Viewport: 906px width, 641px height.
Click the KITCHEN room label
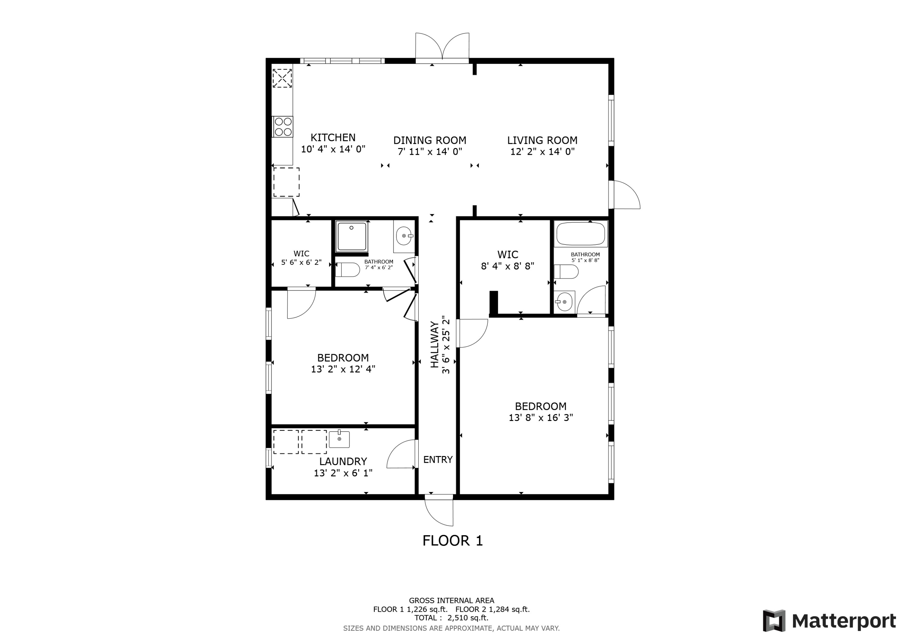point(333,138)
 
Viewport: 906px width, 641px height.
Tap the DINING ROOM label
point(430,140)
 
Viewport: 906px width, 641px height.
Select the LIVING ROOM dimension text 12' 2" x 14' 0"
point(542,152)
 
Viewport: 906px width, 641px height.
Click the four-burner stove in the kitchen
point(283,127)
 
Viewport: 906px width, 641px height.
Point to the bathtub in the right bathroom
point(580,234)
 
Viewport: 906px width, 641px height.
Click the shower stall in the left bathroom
point(352,236)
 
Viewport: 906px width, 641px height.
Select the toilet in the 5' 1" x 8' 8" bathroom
point(566,272)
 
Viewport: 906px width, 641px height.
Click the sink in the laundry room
point(339,439)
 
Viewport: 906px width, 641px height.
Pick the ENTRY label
point(438,460)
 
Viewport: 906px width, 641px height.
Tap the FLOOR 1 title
point(453,541)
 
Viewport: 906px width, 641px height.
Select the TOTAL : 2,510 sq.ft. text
point(451,618)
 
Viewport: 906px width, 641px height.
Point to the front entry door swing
point(439,511)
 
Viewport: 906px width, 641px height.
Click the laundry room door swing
point(402,454)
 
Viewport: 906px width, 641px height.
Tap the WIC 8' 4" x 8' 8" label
point(507,260)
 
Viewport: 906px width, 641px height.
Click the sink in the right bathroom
point(564,302)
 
